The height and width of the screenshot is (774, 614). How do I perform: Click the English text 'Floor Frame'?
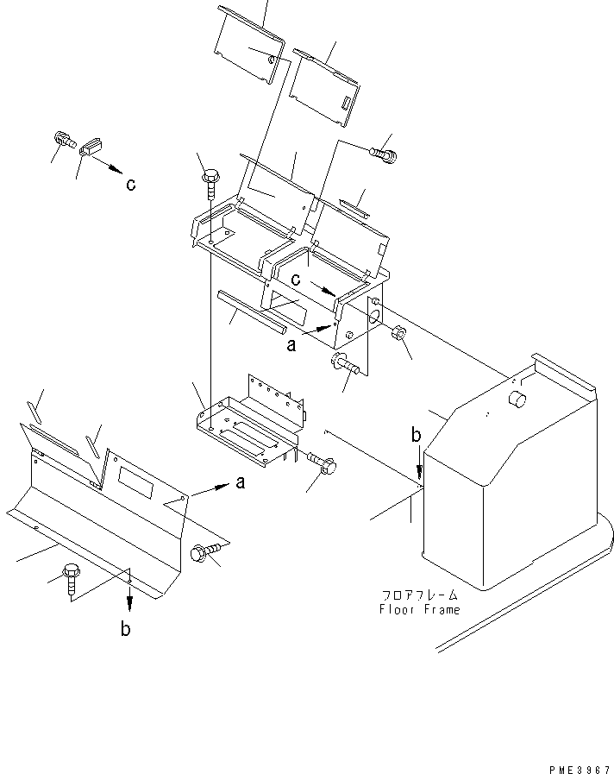[x=419, y=609]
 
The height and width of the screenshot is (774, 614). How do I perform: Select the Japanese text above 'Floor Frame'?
[x=419, y=595]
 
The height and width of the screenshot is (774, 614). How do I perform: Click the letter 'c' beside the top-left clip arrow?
[x=130, y=184]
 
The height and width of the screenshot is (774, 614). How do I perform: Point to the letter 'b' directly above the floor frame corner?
[x=416, y=437]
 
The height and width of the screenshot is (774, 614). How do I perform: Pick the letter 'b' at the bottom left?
[x=126, y=629]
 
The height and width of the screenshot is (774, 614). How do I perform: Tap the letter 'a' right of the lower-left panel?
[x=241, y=483]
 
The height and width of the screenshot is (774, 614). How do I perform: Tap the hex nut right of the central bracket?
[x=399, y=334]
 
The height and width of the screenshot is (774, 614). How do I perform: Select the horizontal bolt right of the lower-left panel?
[x=207, y=550]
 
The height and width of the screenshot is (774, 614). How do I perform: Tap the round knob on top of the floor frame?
[x=517, y=399]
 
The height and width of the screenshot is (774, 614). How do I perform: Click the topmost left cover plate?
[x=247, y=43]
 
